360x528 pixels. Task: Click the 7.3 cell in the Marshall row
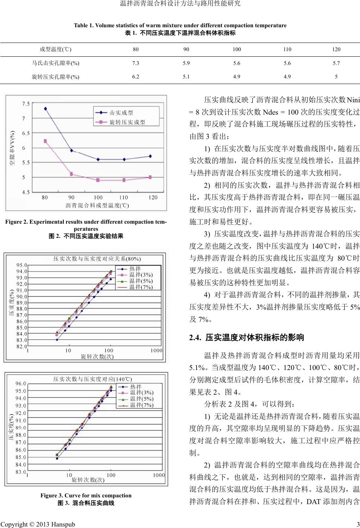(x=136, y=63)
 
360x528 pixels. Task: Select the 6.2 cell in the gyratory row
(x=136, y=77)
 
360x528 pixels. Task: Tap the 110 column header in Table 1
(x=287, y=49)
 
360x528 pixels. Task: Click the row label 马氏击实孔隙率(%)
(x=56, y=63)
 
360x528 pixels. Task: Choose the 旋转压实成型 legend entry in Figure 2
(x=127, y=122)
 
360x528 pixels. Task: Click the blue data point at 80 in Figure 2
(x=45, y=109)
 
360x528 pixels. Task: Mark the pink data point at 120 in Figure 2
(x=150, y=177)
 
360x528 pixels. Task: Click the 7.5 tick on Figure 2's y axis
(x=26, y=103)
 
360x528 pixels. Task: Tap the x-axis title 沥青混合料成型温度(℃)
(x=97, y=205)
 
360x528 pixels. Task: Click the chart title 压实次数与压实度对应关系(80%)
(x=97, y=258)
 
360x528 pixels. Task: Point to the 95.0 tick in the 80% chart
(x=21, y=265)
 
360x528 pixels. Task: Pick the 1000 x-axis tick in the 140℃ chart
(x=159, y=475)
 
